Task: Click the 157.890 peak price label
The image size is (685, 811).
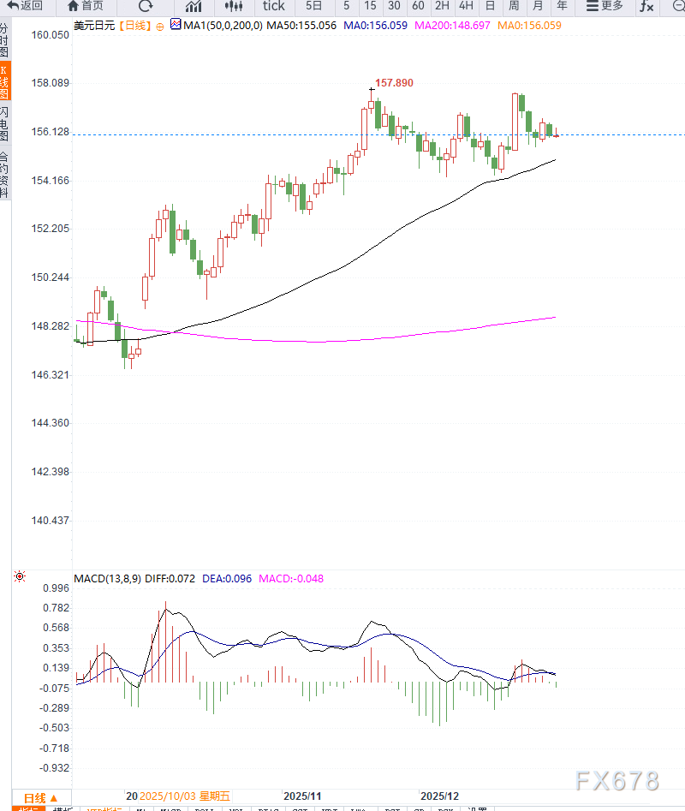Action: pos(394,83)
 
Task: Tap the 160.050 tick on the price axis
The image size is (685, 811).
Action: pos(50,35)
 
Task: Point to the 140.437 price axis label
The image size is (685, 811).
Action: pos(50,521)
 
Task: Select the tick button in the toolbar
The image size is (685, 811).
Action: pos(274,6)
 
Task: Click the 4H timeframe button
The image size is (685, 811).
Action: pos(466,6)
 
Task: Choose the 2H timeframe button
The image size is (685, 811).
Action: pos(442,6)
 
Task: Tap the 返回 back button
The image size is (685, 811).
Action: pos(26,6)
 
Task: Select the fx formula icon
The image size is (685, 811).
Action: pos(646,6)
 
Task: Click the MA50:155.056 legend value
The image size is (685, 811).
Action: pos(301,26)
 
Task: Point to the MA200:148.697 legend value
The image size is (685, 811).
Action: pos(452,26)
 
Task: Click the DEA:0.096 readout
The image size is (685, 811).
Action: pos(227,578)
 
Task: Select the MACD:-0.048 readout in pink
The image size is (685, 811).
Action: pos(291,578)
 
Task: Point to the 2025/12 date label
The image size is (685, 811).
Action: pos(440,796)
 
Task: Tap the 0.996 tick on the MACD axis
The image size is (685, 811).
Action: pos(55,588)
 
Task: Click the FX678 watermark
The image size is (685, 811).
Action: pos(616,781)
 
